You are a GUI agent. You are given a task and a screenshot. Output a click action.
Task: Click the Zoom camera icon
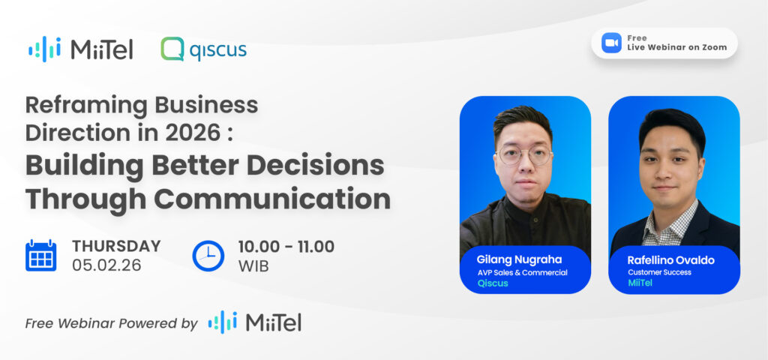click(x=611, y=43)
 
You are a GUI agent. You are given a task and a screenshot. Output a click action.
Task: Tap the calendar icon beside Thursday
click(x=40, y=256)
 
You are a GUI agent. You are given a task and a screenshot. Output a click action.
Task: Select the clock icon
click(x=208, y=256)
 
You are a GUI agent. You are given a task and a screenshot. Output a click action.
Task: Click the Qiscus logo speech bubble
click(x=172, y=49)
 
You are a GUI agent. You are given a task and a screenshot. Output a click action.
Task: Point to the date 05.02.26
click(x=106, y=265)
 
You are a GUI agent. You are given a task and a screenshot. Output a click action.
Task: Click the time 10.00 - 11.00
click(x=286, y=246)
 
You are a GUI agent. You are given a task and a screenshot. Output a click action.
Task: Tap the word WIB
click(x=253, y=266)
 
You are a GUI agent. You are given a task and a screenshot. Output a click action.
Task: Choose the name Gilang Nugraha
click(x=519, y=259)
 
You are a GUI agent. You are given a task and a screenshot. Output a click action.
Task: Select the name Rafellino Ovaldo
click(x=670, y=260)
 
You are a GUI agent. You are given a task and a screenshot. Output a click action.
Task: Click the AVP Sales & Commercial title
click(x=523, y=273)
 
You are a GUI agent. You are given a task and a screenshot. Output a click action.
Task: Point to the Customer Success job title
click(x=659, y=272)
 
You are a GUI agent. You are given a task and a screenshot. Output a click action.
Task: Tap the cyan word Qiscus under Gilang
click(x=492, y=283)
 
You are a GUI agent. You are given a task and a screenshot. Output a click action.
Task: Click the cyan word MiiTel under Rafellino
click(x=640, y=283)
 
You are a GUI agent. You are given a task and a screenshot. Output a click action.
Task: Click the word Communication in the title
click(x=271, y=199)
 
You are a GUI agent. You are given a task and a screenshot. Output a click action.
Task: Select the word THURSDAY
click(x=116, y=246)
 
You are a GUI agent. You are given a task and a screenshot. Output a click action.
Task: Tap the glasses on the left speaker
click(x=523, y=156)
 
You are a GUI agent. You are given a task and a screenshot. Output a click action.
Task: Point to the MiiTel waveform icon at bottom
click(x=222, y=322)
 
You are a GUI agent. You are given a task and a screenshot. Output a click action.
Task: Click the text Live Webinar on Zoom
click(x=677, y=47)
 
